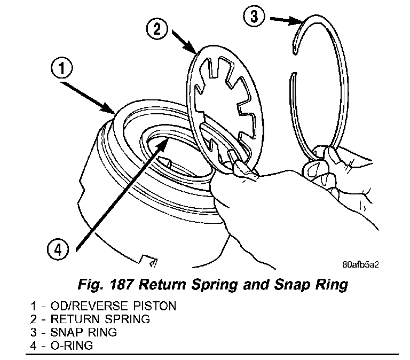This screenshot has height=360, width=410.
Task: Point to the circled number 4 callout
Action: click(x=57, y=249)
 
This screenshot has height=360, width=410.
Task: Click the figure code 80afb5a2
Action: click(x=364, y=263)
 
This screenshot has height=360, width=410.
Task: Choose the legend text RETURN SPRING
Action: click(x=100, y=319)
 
